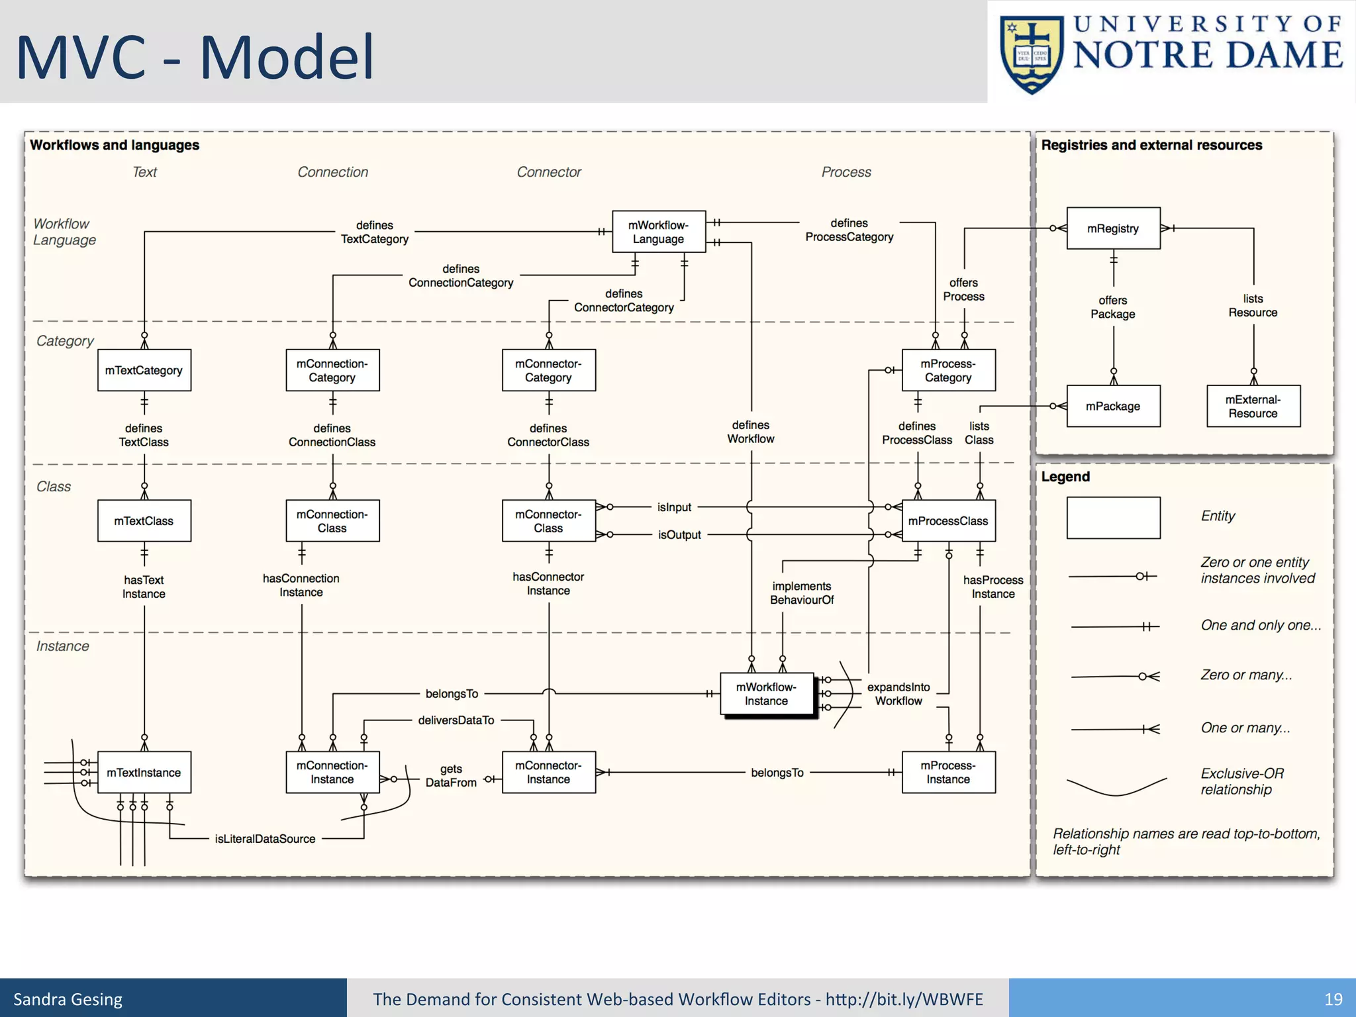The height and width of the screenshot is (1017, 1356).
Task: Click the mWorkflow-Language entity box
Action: pyautogui.click(x=658, y=232)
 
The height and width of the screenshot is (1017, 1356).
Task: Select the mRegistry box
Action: pyautogui.click(x=1113, y=228)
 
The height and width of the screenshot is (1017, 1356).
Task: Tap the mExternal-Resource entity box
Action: pyautogui.click(x=1253, y=406)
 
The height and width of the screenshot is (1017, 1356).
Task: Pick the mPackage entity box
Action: pyautogui.click(x=1113, y=406)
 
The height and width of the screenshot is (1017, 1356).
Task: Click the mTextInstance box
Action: pyautogui.click(x=144, y=772)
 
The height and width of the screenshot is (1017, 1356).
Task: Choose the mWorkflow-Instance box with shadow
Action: pyautogui.click(x=766, y=694)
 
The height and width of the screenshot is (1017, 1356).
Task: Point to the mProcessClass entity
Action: pyautogui.click(x=948, y=521)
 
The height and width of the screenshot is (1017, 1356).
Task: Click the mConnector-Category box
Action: pyautogui.click(x=548, y=371)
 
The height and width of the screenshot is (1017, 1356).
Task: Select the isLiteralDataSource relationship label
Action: pyautogui.click(x=265, y=839)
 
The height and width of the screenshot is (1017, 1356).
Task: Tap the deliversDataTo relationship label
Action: pyautogui.click(x=456, y=720)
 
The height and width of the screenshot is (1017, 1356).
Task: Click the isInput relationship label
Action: pyautogui.click(x=674, y=507)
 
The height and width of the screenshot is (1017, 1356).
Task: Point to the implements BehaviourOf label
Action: pyautogui.click(x=801, y=593)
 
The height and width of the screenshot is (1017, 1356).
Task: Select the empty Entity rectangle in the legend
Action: pyautogui.click(x=1113, y=518)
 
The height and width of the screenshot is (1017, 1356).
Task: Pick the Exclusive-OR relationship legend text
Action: pyautogui.click(x=1241, y=781)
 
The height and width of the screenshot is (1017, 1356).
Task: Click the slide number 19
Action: pyautogui.click(x=1333, y=999)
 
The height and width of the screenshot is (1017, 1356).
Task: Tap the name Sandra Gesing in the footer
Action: pyautogui.click(x=68, y=999)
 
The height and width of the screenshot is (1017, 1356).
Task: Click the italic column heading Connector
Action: pyautogui.click(x=548, y=172)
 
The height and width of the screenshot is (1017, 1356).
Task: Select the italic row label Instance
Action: pyautogui.click(x=62, y=646)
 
